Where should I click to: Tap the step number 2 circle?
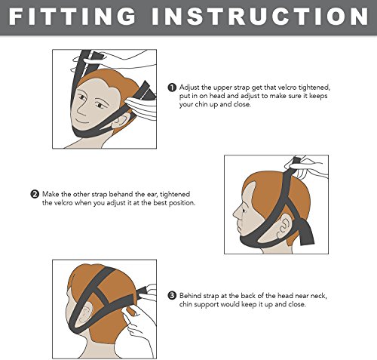(x=35, y=194)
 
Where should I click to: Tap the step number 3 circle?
(x=172, y=295)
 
